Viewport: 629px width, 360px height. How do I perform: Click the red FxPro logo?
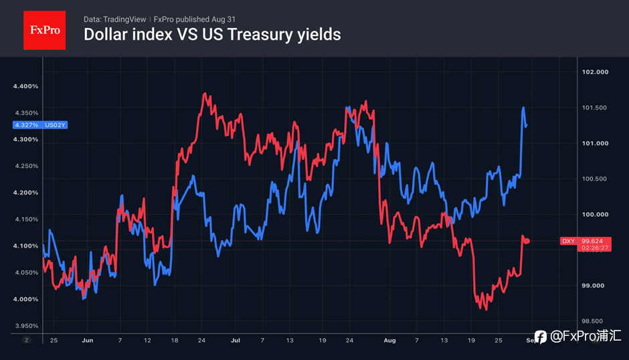tap(45, 31)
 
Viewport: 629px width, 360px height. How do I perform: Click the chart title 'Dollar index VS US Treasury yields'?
tap(212, 35)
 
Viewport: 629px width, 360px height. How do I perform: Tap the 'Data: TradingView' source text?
tap(114, 19)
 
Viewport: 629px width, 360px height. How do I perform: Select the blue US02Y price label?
tap(40, 125)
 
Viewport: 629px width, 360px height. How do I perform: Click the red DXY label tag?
tap(568, 241)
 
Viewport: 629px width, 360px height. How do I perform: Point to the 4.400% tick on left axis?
tap(25, 86)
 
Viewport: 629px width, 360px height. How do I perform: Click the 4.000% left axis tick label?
tap(25, 299)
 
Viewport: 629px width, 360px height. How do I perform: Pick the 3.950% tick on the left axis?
tap(27, 325)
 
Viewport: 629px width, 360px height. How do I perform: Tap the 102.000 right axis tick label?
tap(595, 72)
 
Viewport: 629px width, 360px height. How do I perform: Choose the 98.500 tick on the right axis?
tap(592, 321)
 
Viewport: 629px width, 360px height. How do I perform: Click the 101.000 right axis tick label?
tap(595, 143)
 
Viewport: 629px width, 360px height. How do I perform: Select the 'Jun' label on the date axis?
tap(88, 341)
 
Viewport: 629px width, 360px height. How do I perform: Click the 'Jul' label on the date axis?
tap(235, 341)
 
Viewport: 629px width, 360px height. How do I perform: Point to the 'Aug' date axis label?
tap(389, 341)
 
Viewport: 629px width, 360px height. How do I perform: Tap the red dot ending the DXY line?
tap(527, 241)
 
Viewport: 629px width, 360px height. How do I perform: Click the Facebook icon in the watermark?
tap(541, 337)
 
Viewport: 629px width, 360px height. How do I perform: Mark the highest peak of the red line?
tap(205, 94)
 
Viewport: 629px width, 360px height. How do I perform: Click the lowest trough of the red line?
tap(486, 309)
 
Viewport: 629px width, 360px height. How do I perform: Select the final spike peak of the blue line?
tap(523, 107)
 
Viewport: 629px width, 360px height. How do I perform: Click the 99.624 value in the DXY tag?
tap(592, 241)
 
